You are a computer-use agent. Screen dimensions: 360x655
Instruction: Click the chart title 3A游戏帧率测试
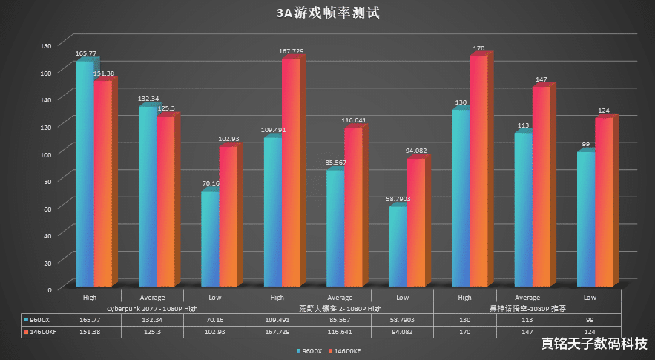click(327, 13)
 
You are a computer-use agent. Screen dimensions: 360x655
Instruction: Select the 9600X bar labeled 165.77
click(85, 174)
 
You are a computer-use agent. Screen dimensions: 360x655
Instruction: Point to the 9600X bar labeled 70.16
click(210, 239)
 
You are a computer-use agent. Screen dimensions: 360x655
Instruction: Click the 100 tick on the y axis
click(46, 154)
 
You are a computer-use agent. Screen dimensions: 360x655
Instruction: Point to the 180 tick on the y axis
click(46, 45)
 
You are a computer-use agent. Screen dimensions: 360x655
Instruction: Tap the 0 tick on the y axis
click(49, 289)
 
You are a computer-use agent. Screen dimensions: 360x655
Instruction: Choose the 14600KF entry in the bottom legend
click(345, 350)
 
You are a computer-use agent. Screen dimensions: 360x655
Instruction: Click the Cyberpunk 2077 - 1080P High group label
click(153, 308)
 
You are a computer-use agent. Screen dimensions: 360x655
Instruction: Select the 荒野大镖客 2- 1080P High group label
click(339, 308)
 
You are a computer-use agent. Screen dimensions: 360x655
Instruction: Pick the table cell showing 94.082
click(402, 331)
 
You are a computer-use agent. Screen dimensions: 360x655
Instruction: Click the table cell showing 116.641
click(340, 331)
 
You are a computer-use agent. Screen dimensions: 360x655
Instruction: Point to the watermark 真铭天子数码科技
click(593, 344)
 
